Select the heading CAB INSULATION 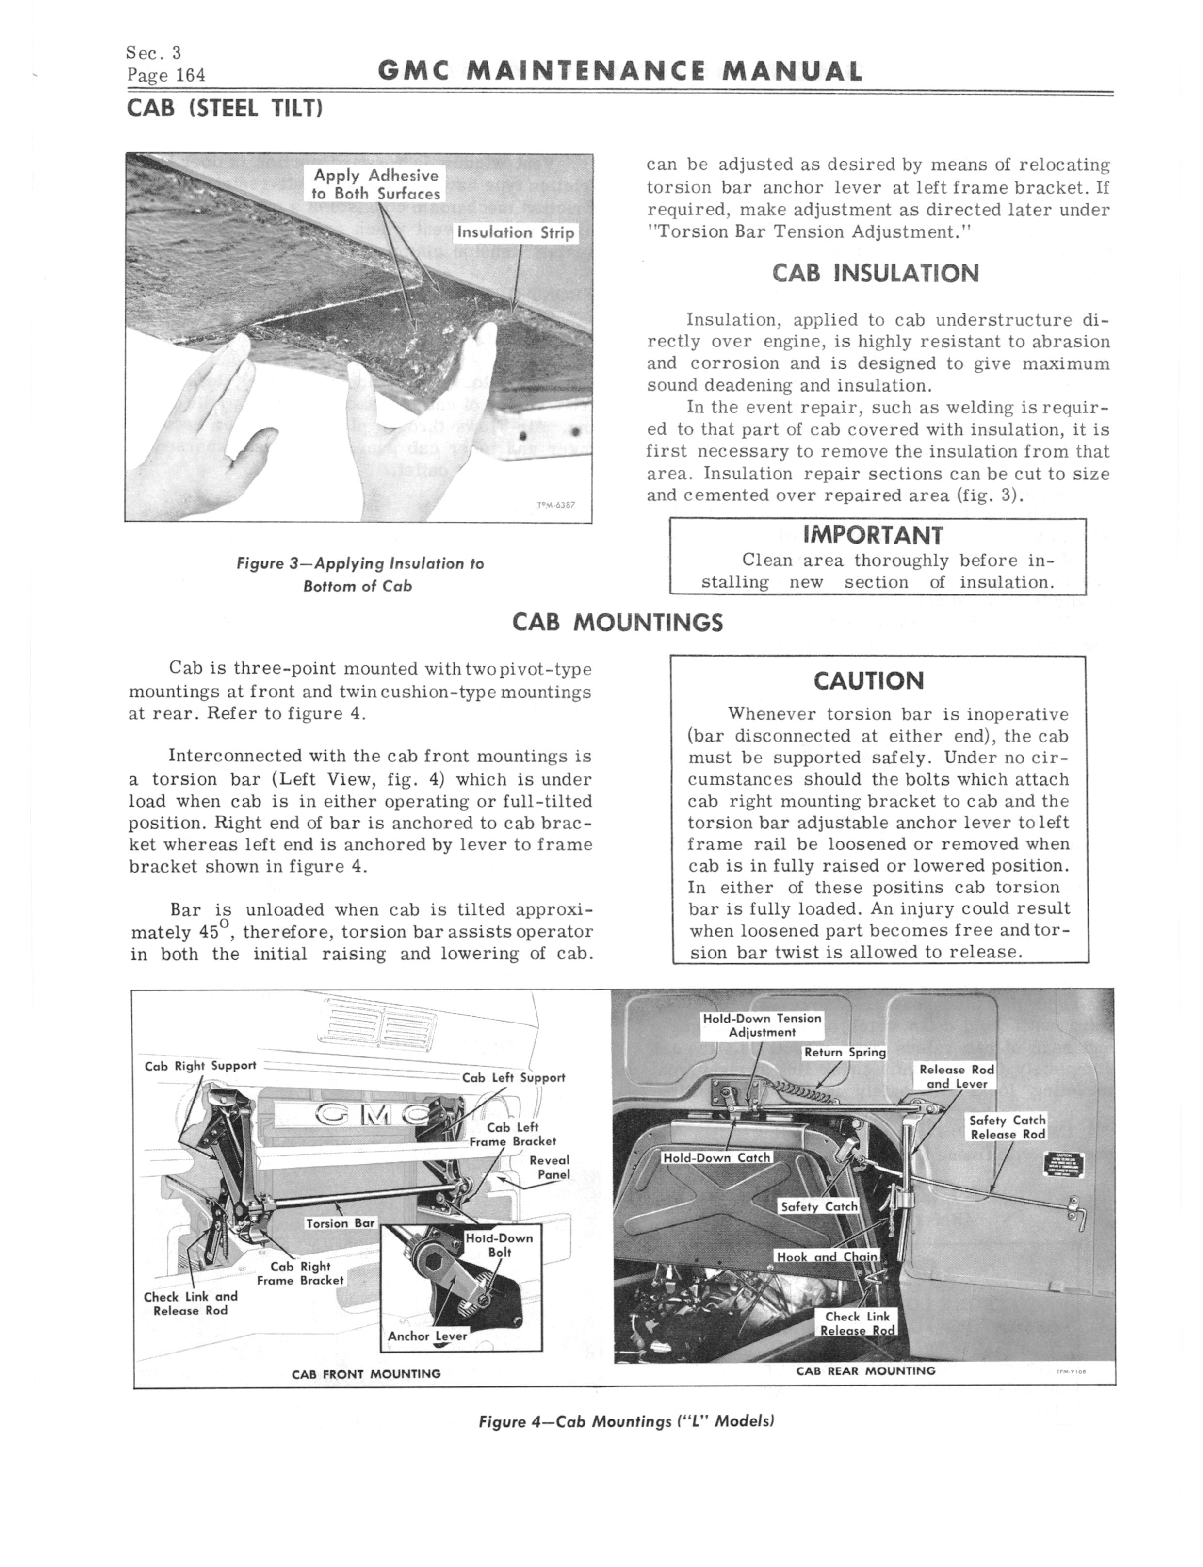875,274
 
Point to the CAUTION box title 869,680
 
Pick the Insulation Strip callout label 516,233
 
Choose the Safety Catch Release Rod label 1008,1127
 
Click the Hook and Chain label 827,1256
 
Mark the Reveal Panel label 550,1168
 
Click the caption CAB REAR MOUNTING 866,1371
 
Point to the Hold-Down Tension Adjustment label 762,1025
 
